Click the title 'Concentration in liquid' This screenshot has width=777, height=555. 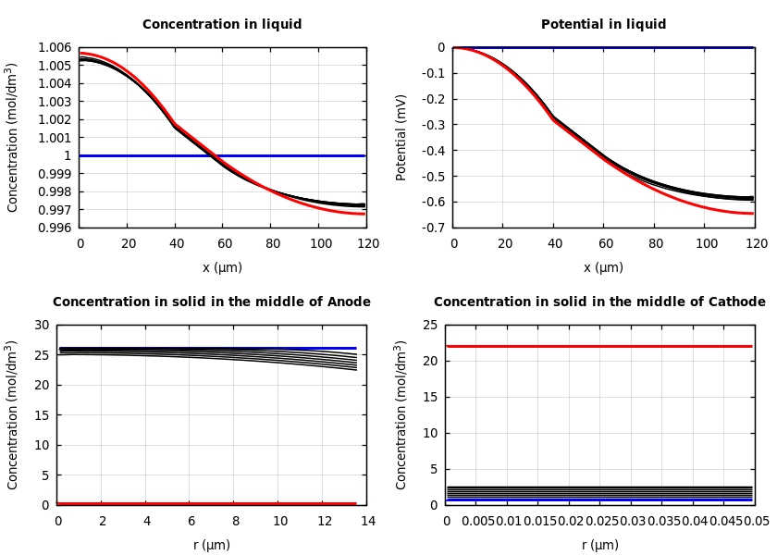[x=222, y=25]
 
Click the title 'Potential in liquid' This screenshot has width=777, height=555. [x=603, y=25]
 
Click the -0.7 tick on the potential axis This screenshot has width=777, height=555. [x=433, y=228]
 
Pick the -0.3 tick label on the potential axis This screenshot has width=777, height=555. [x=433, y=125]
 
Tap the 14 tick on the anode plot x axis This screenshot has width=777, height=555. [x=367, y=522]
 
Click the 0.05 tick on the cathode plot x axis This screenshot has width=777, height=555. [x=756, y=522]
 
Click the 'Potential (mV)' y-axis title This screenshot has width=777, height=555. [x=401, y=137]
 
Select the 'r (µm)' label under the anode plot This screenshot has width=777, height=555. [x=212, y=546]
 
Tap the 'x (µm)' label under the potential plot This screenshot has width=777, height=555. [x=603, y=268]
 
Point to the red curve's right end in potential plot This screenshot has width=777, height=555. [x=751, y=214]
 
